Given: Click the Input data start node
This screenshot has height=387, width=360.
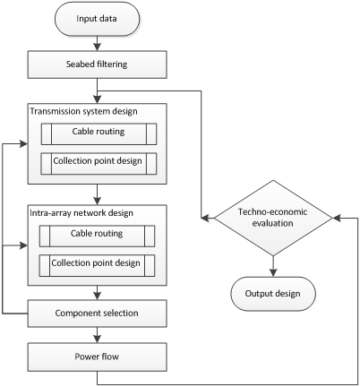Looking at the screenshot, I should point(97,19).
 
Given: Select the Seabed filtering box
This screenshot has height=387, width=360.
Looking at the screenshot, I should point(97,64).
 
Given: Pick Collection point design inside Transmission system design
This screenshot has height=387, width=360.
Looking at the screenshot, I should point(97,163).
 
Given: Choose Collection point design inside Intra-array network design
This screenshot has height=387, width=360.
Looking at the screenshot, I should point(97,264).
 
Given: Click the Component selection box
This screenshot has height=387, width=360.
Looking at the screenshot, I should point(97,313).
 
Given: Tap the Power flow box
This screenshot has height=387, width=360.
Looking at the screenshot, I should point(97,357).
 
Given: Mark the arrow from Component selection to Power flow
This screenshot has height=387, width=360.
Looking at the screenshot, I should point(97,334).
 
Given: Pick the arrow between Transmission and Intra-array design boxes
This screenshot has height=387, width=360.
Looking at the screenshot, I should point(97,195).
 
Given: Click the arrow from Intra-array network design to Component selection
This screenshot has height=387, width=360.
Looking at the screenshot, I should point(97,293).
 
